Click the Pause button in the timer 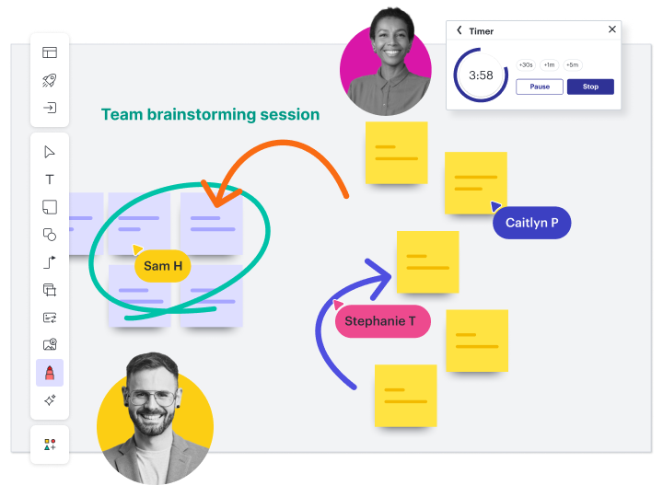pyautogui.click(x=540, y=87)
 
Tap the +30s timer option pyautogui.click(x=526, y=65)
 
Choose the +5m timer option pyautogui.click(x=573, y=65)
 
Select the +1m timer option pyautogui.click(x=550, y=65)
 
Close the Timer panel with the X pyautogui.click(x=612, y=29)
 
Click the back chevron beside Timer pyautogui.click(x=459, y=30)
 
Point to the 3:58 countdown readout pyautogui.click(x=481, y=75)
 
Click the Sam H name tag pyautogui.click(x=163, y=266)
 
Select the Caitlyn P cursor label pyautogui.click(x=532, y=223)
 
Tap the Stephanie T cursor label pyautogui.click(x=380, y=321)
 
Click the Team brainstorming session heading pyautogui.click(x=210, y=115)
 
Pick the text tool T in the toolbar pyautogui.click(x=50, y=179)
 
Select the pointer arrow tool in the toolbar pyautogui.click(x=50, y=152)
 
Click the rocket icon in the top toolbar pyautogui.click(x=50, y=80)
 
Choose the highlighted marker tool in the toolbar pyautogui.click(x=50, y=373)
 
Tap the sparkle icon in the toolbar pyautogui.click(x=50, y=400)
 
